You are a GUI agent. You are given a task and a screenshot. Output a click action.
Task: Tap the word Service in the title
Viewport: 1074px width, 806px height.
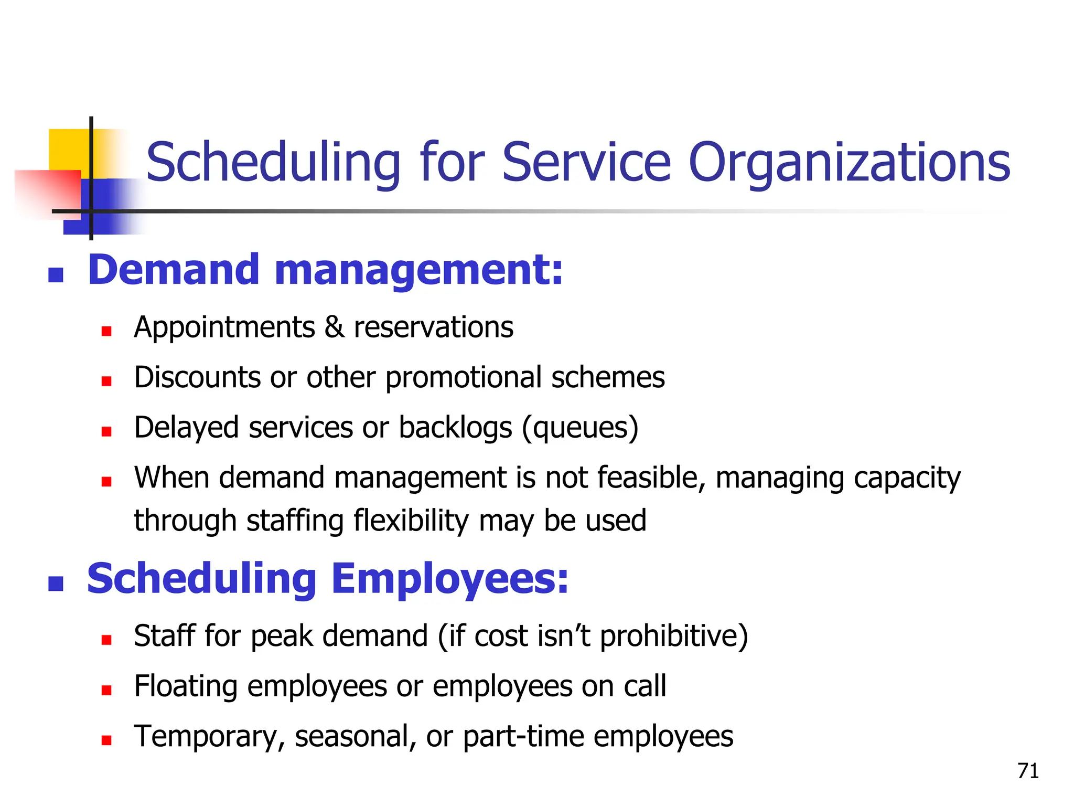[586, 163]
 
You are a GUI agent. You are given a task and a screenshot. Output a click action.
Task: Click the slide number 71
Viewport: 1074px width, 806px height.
[1028, 771]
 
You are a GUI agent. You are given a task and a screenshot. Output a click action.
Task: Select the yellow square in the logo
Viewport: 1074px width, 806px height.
[68, 150]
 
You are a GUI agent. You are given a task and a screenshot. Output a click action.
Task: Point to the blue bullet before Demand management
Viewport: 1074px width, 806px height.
[56, 274]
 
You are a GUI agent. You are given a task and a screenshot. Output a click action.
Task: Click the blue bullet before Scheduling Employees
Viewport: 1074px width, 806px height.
[56, 584]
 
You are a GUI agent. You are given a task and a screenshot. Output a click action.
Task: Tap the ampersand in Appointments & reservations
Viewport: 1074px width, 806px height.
[334, 327]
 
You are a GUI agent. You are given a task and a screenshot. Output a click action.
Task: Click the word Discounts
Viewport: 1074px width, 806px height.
[197, 377]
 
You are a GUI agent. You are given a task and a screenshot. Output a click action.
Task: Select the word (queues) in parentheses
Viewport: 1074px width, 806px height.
[580, 428]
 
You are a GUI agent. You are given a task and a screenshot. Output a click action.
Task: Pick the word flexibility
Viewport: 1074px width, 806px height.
[411, 521]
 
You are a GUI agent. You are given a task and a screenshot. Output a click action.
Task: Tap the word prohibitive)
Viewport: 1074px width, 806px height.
[673, 636]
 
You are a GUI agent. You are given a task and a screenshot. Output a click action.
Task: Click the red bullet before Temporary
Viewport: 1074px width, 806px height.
[106, 740]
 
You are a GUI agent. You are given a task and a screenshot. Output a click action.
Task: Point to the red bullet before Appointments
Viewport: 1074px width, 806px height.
[106, 331]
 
